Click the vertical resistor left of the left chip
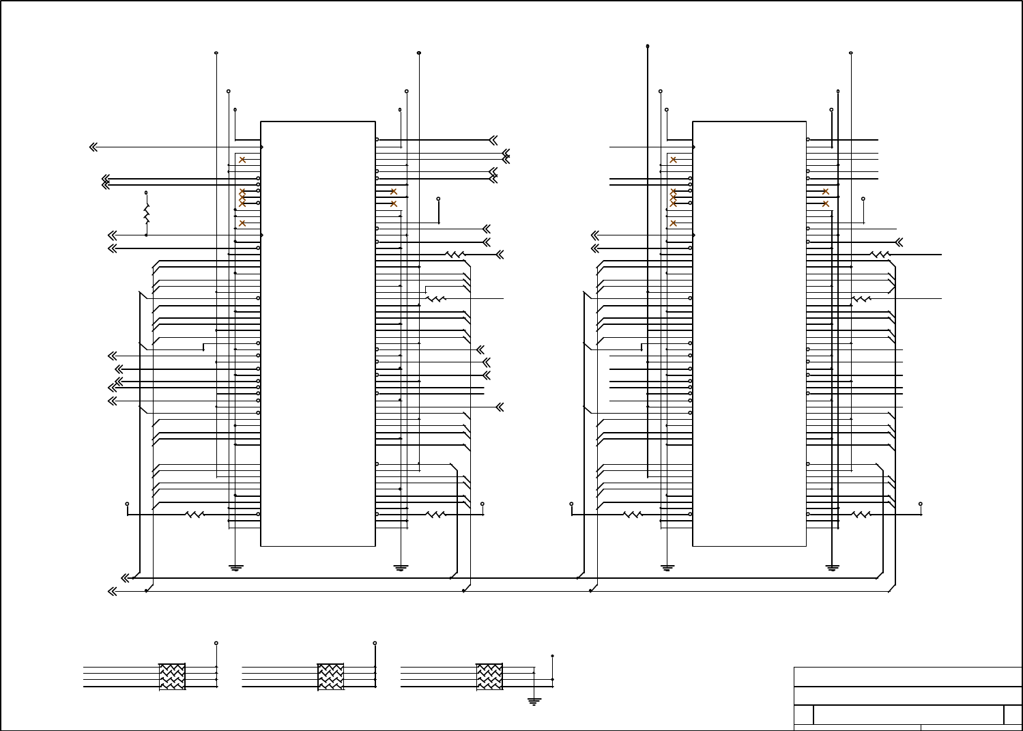(146, 214)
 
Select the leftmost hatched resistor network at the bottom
(172, 676)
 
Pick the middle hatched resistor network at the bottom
(331, 676)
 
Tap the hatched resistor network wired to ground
(489, 676)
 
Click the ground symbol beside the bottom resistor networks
(534, 700)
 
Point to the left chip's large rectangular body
(318, 334)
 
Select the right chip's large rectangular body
(749, 334)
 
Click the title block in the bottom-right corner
(908, 698)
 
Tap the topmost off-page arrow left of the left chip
(93, 147)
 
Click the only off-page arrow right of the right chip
(899, 242)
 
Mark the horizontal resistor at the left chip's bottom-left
(195, 515)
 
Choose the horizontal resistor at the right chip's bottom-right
(861, 515)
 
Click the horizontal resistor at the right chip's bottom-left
(633, 515)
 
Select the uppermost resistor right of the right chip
(880, 255)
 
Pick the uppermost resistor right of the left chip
(455, 255)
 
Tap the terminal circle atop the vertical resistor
(146, 193)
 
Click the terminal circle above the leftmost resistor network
(216, 643)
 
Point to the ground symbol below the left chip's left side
(235, 567)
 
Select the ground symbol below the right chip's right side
(832, 567)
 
